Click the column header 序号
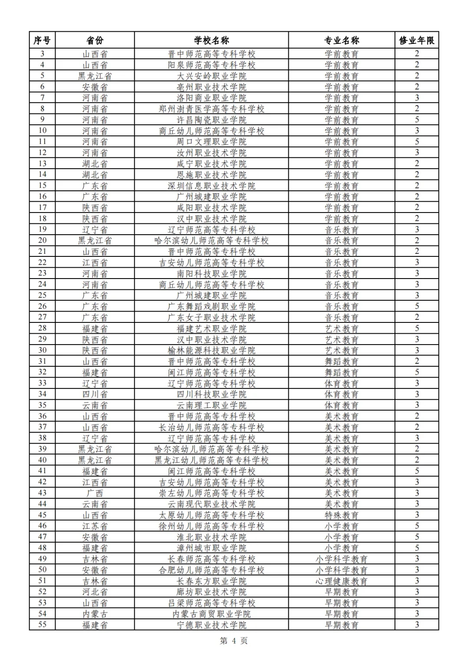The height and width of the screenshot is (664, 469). tap(42, 40)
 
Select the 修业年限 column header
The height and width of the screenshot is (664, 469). tap(416, 40)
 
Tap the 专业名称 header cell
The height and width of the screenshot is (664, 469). tap(341, 40)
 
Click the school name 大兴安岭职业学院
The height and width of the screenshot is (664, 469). tap(211, 76)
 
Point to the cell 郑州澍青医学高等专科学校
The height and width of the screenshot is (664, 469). tap(211, 109)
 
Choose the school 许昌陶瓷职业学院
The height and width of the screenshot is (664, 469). tap(211, 120)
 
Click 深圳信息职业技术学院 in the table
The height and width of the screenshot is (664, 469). tap(211, 186)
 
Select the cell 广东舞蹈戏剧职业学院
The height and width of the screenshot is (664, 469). tap(211, 306)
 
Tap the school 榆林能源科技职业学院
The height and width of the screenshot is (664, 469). tap(211, 350)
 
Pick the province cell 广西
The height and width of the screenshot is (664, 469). tap(95, 493)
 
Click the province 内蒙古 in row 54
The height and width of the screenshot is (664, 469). tap(95, 614)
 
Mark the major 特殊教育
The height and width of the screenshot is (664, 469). tap(341, 515)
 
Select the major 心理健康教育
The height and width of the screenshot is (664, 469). tap(341, 581)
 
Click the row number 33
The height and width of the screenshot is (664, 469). tap(42, 383)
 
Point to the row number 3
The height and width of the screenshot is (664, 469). tap(42, 54)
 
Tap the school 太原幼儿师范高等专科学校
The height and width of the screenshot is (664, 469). tap(211, 515)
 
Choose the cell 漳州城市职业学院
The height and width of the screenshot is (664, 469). tap(211, 548)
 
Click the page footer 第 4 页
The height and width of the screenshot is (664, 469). tap(234, 641)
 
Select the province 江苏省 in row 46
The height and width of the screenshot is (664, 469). tap(95, 526)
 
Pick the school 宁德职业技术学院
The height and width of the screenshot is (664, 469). tap(211, 625)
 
